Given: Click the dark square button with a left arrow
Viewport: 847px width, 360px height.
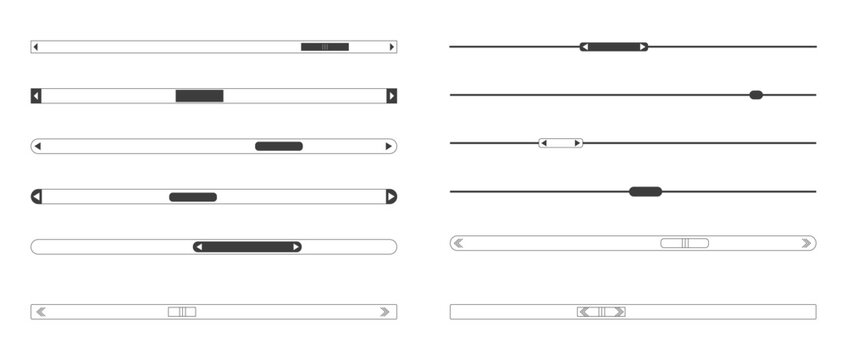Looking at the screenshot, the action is click(x=36, y=96).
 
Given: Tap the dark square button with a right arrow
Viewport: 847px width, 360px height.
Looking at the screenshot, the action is click(x=392, y=96).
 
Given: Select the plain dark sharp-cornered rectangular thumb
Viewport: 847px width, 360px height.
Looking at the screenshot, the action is click(x=199, y=96).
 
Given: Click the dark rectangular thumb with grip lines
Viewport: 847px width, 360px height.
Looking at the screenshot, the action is click(x=325, y=47).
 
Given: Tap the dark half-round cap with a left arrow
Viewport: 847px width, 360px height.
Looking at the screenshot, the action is click(x=36, y=197).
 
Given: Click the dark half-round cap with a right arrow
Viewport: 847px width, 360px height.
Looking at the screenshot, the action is click(x=391, y=197).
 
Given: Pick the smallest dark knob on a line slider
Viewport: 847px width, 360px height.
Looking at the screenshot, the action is click(x=756, y=95).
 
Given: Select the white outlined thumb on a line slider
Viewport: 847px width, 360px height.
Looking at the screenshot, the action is click(x=561, y=143).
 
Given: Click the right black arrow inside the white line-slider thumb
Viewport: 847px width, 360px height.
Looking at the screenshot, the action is click(x=577, y=143).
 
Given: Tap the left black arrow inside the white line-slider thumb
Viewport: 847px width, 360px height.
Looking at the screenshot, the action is click(x=543, y=143).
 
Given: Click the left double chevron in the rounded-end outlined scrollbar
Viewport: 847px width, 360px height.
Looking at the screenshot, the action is click(x=458, y=243).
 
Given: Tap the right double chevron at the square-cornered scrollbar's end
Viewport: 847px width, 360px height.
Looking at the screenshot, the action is click(x=385, y=312).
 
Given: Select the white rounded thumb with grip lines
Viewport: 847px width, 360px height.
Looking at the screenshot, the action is click(x=685, y=243).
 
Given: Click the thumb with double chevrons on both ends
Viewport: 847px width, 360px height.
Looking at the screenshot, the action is click(x=601, y=312).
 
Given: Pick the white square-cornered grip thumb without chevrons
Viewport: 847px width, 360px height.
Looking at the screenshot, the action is click(x=182, y=312).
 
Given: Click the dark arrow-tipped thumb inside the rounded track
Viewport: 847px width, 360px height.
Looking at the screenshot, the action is click(x=247, y=247).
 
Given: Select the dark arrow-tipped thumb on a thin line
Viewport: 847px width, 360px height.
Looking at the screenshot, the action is click(x=614, y=47).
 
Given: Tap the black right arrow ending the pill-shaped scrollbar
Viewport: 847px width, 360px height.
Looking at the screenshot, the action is click(x=389, y=146).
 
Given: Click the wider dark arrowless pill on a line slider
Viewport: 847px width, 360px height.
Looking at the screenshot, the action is click(x=645, y=191).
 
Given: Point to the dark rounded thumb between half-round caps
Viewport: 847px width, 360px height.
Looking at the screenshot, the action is click(x=193, y=197).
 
